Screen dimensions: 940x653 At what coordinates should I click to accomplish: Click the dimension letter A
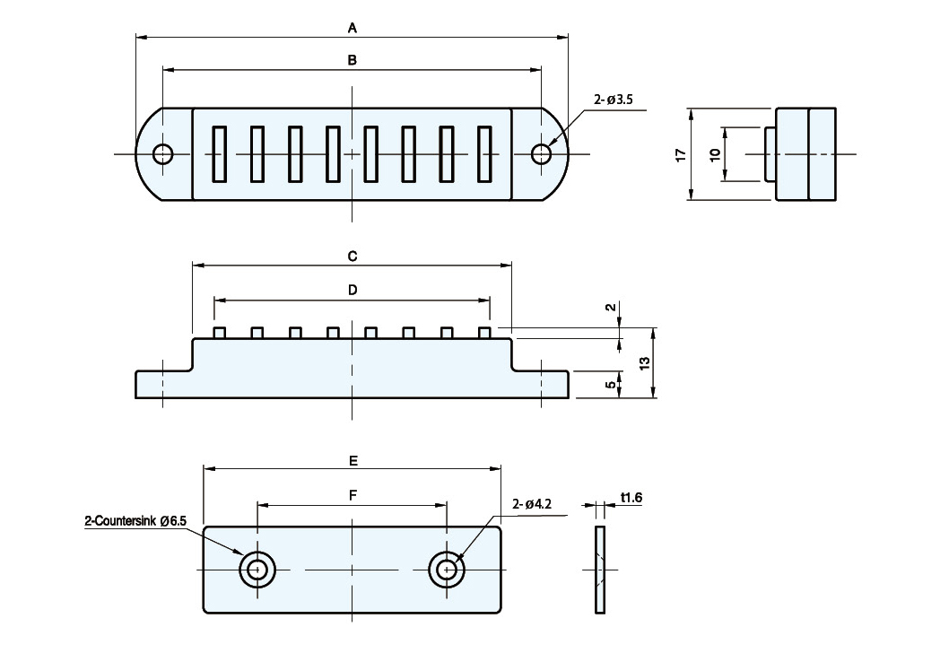click(352, 28)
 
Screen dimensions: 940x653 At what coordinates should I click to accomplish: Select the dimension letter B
click(352, 60)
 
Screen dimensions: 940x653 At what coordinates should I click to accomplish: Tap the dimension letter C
click(352, 256)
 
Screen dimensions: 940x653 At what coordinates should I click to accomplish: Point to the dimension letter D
click(352, 291)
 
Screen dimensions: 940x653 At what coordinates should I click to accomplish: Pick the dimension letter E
click(353, 460)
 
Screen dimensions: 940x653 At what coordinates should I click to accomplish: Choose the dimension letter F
click(353, 495)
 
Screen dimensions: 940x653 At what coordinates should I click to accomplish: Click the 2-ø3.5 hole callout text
click(614, 100)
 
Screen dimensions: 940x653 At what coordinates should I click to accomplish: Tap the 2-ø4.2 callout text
click(533, 504)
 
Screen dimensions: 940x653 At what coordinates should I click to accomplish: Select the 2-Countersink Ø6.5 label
click(135, 521)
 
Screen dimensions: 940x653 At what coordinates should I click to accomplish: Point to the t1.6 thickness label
click(631, 497)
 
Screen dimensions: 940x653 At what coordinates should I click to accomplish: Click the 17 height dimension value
click(681, 154)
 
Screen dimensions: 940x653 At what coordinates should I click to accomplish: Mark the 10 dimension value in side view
click(715, 154)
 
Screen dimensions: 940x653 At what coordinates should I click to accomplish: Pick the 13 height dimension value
click(644, 362)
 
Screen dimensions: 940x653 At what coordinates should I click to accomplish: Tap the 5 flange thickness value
click(610, 385)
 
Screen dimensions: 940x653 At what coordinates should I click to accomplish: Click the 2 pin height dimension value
click(610, 307)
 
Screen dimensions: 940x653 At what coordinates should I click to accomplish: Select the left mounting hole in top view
click(162, 154)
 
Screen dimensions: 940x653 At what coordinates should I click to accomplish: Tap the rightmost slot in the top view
click(484, 154)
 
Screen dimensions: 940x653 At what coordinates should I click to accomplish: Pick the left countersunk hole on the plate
click(257, 570)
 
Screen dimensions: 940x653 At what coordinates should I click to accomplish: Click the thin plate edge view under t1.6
click(600, 570)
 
